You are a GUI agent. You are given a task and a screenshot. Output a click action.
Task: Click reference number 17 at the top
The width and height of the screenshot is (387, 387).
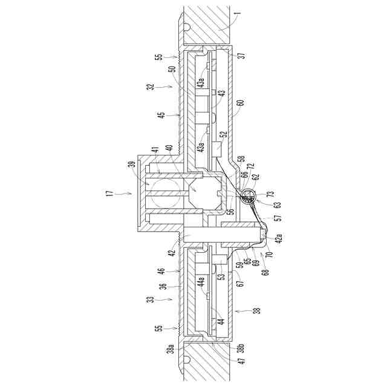(110, 192)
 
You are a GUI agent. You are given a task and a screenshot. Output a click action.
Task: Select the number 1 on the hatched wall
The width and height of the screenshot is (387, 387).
(238, 13)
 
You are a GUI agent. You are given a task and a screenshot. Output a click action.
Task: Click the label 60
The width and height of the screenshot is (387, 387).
(241, 103)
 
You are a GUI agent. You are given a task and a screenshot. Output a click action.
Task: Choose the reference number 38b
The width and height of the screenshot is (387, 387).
(241, 348)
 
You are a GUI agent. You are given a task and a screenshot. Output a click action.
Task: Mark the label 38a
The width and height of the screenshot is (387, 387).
(171, 348)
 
